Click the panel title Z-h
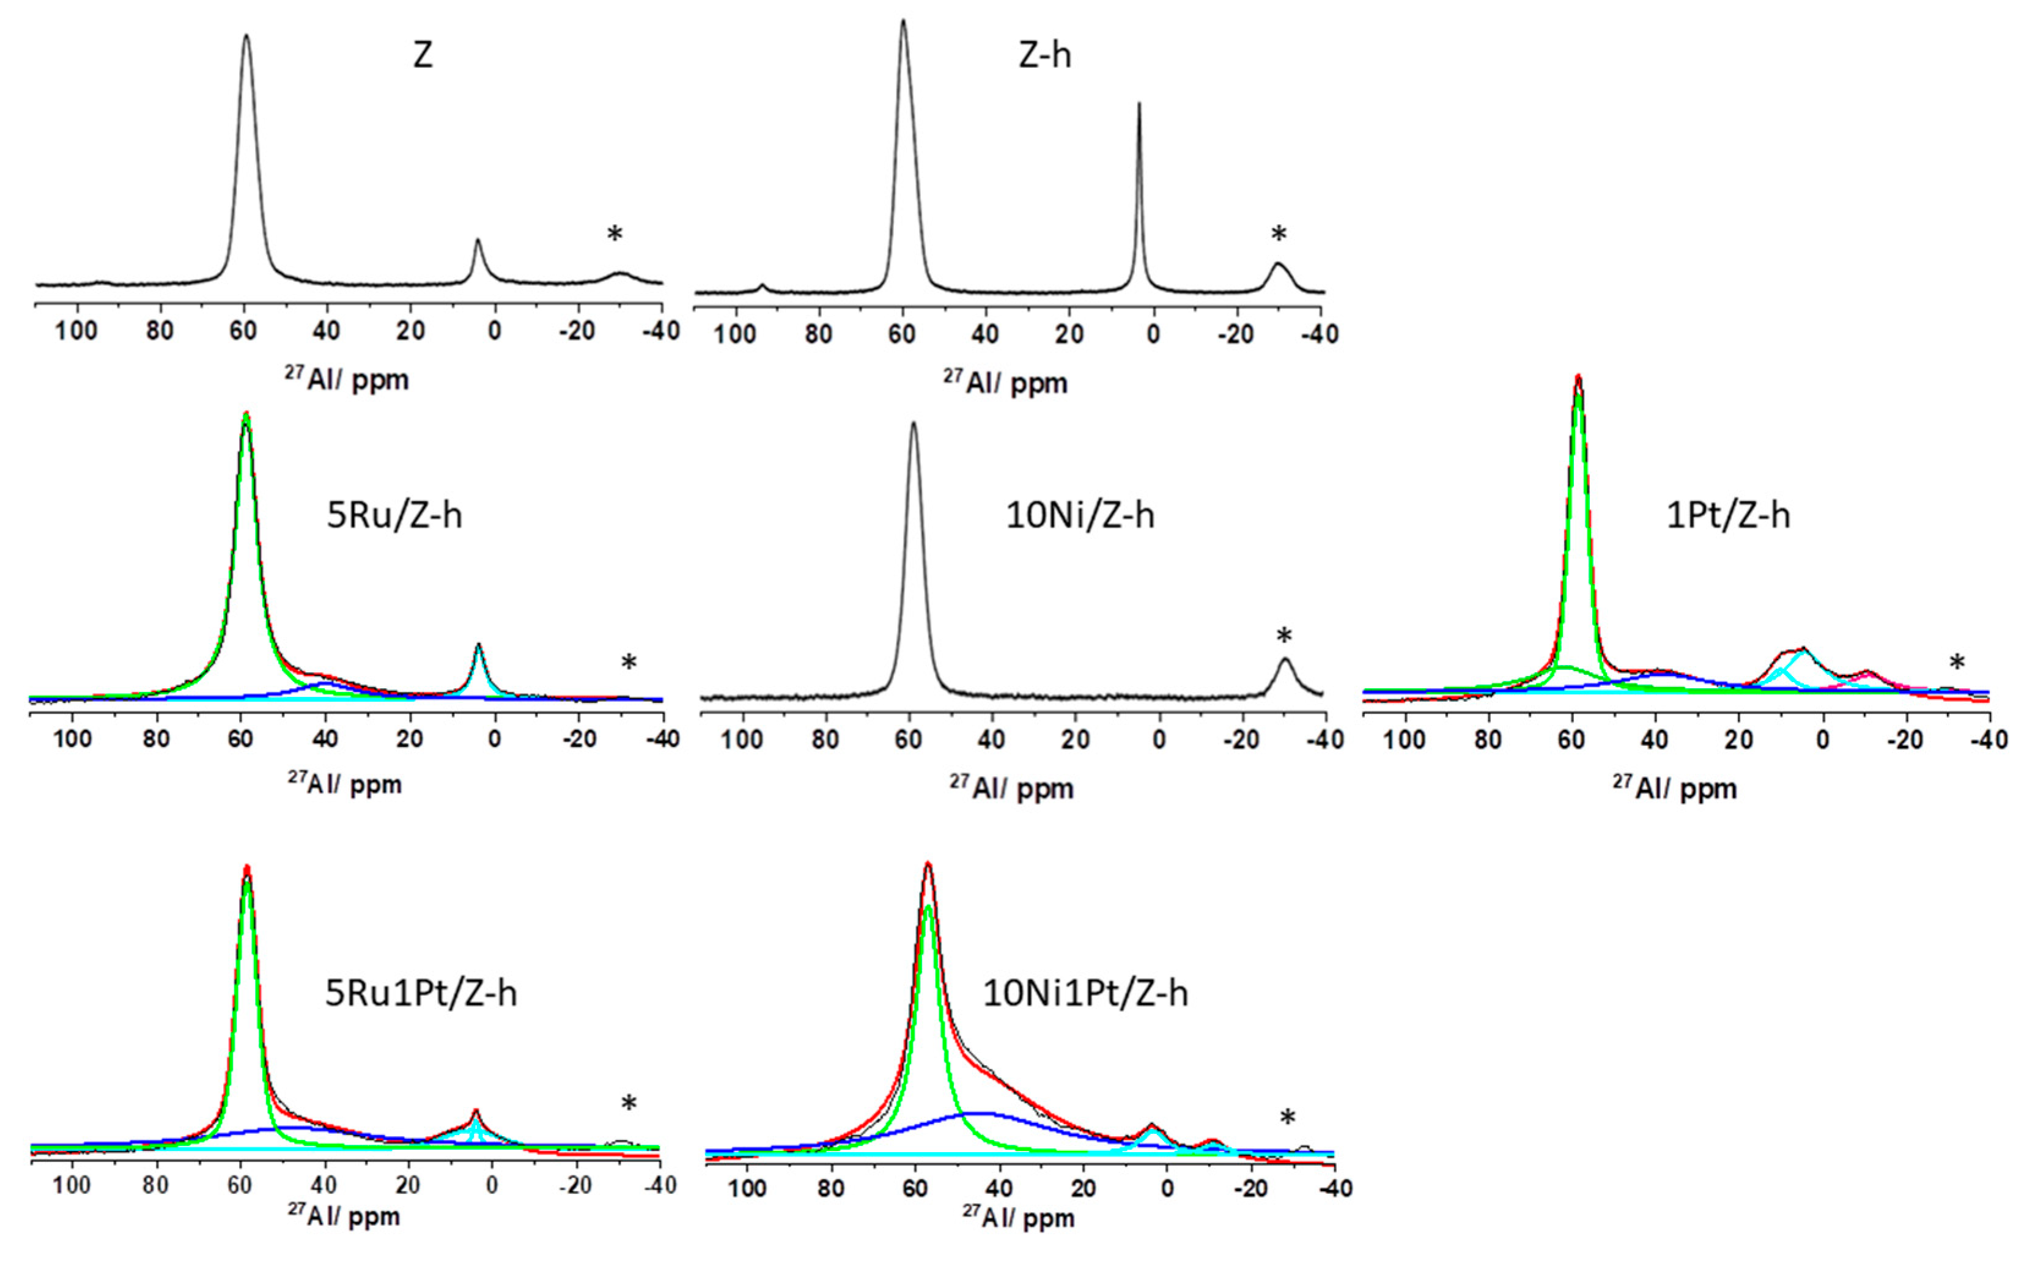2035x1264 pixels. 1044,55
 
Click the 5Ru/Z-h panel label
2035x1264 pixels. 394,515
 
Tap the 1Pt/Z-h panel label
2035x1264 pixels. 1728,515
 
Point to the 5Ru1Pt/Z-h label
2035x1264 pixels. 421,993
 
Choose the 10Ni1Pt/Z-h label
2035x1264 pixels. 1084,993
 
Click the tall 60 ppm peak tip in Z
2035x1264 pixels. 246,36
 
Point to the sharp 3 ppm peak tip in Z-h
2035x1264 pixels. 1139,105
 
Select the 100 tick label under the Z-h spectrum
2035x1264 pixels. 734,334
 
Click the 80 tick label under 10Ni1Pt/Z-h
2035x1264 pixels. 830,1189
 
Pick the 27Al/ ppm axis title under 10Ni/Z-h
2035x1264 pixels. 1011,787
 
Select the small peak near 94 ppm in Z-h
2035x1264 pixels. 762,287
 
